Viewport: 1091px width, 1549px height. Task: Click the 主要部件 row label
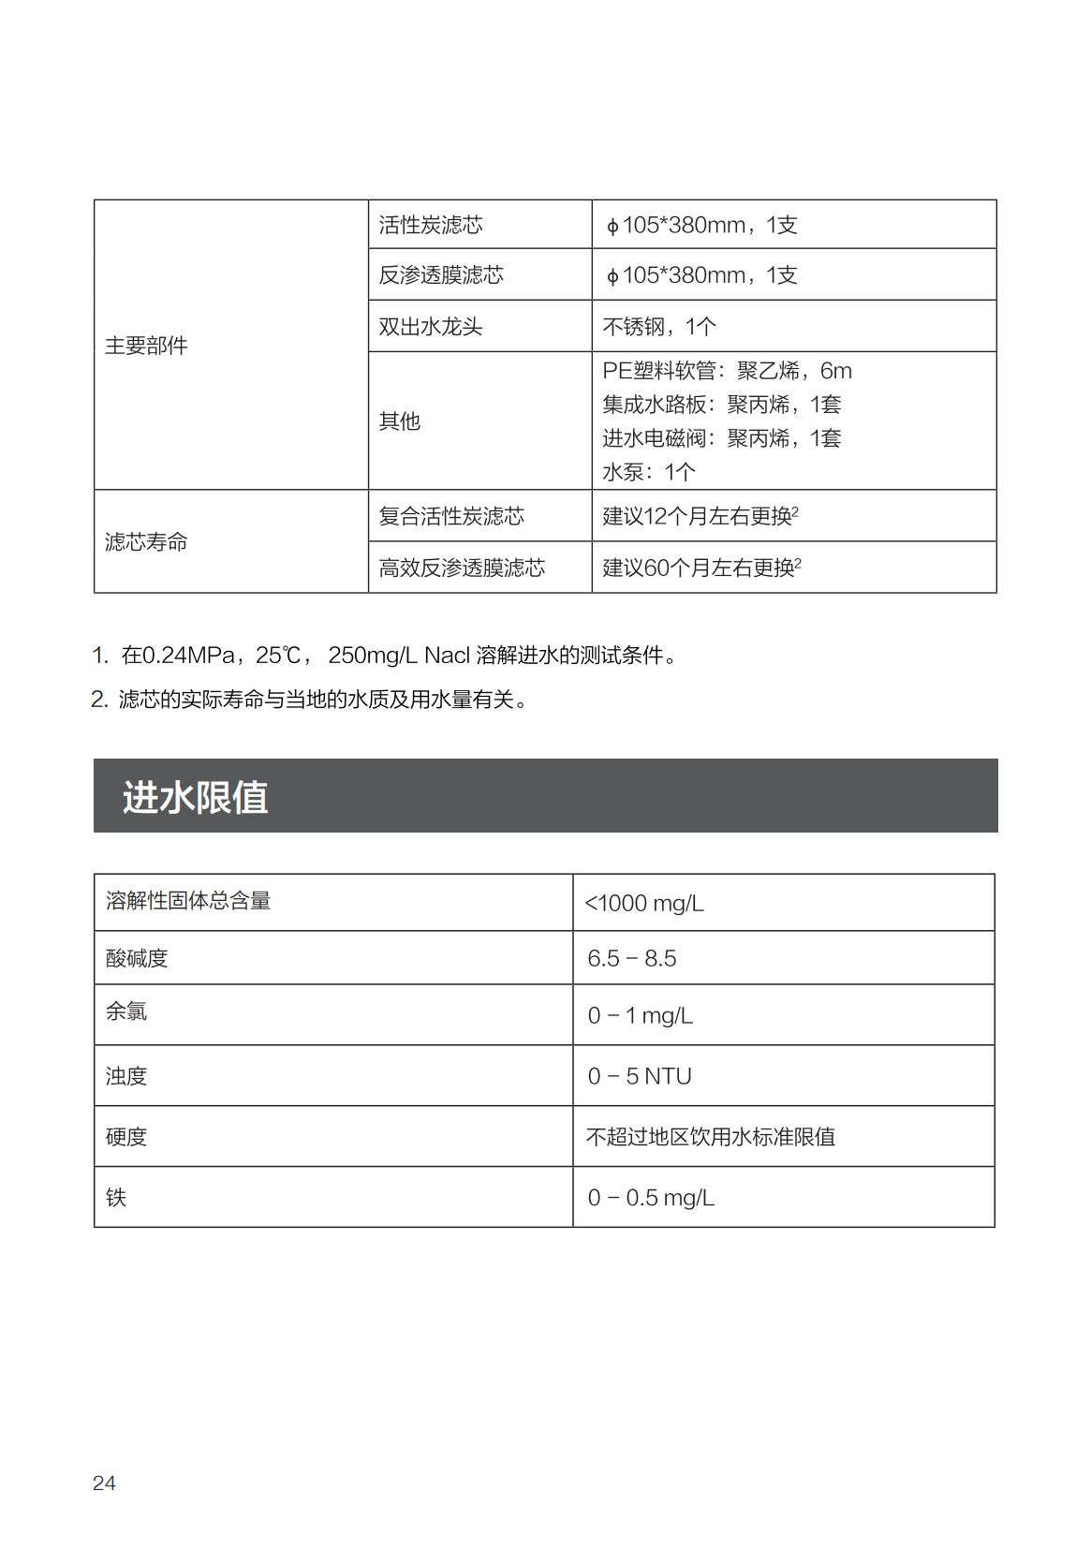click(x=146, y=346)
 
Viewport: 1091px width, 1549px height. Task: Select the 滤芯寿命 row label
click(x=146, y=542)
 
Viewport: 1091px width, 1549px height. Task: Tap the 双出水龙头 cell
click(x=430, y=327)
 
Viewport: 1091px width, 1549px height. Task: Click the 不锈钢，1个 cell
click(x=659, y=327)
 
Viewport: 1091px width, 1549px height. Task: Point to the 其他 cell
click(x=400, y=421)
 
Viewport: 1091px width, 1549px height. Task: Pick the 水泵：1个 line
click(x=649, y=472)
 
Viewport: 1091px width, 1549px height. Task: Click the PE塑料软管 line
click(x=727, y=371)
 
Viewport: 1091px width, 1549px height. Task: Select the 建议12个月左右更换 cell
click(x=700, y=516)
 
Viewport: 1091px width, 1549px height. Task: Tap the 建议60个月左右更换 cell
click(x=701, y=568)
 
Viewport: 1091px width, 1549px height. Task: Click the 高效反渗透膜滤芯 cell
click(x=462, y=568)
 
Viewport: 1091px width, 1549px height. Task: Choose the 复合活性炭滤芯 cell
click(x=451, y=516)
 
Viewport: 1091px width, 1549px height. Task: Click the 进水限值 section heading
click(x=196, y=798)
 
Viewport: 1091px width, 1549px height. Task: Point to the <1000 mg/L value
click(x=644, y=904)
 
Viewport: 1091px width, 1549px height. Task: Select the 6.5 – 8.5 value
click(x=632, y=959)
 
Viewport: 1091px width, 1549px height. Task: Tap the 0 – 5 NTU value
click(x=640, y=1077)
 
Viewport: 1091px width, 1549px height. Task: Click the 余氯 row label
click(x=126, y=1011)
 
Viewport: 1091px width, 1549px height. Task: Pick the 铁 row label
click(x=116, y=1198)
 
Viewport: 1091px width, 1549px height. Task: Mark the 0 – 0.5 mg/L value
click(x=651, y=1199)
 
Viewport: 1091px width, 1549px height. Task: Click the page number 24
click(x=104, y=1483)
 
